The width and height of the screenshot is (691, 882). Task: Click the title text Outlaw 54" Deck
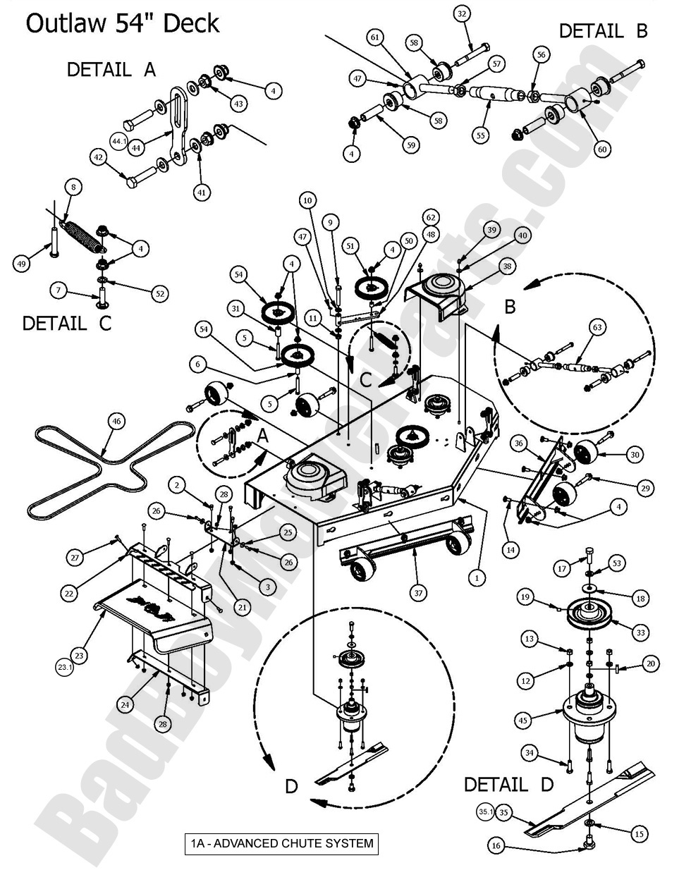123,24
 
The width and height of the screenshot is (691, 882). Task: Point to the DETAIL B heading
603,31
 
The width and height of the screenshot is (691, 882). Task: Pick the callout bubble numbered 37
420,593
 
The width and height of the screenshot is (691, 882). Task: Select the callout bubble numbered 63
597,327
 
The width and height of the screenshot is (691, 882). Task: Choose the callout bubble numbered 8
73,188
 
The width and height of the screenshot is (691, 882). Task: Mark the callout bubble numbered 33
640,633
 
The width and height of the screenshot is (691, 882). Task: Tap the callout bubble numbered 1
478,577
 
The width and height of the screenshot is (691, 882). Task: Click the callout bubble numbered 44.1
119,142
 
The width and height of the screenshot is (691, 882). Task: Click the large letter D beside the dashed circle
291,786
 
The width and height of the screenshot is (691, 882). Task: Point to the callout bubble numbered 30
635,455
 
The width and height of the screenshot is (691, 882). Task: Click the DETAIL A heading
111,70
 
